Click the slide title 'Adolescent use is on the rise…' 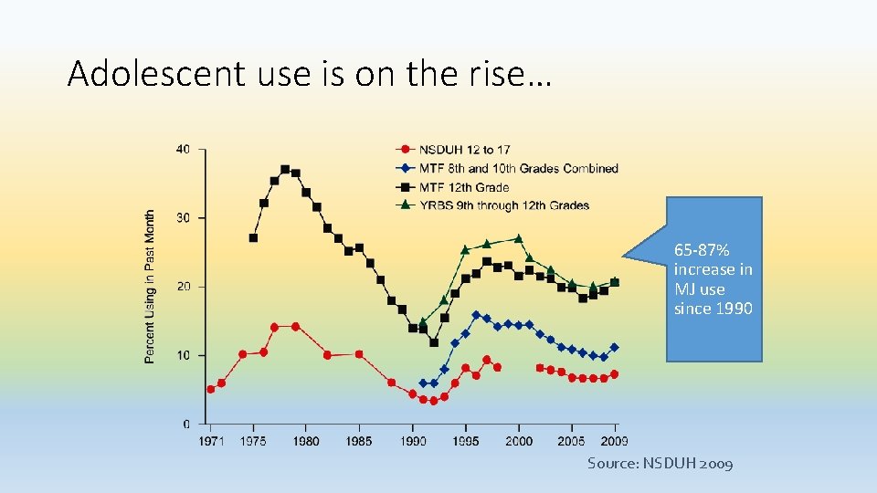[310, 73]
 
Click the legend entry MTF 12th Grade [464, 187]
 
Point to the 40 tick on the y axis [183, 150]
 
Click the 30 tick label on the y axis [183, 218]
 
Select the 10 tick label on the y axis [183, 355]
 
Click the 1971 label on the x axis [211, 442]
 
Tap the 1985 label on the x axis [359, 442]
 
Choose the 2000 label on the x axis [519, 442]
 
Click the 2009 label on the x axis [615, 442]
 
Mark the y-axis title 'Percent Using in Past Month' [150, 287]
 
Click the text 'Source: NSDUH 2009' [660, 464]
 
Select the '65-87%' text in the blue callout [702, 249]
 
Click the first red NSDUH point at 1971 [211, 389]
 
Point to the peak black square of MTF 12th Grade [285, 169]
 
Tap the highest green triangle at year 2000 [519, 238]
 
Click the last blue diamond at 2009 [615, 347]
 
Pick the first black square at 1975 [253, 237]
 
